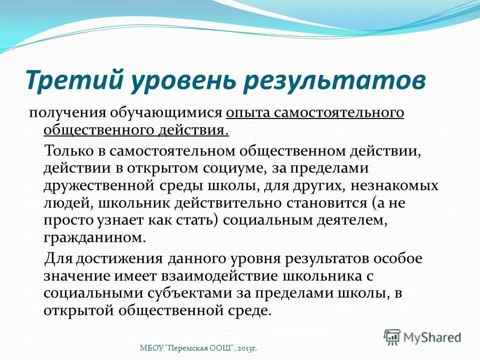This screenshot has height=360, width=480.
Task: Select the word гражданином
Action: tap(95, 239)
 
